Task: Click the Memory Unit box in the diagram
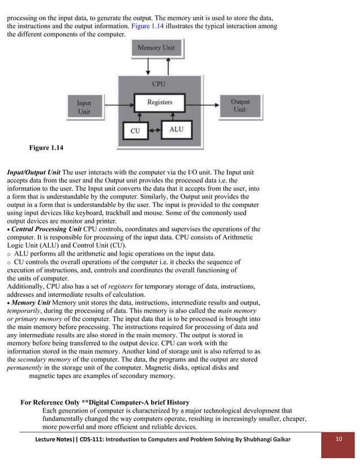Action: [156, 48]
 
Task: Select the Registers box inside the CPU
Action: [159, 103]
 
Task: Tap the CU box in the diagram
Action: [135, 130]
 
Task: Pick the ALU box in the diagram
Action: [177, 130]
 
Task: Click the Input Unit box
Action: [84, 107]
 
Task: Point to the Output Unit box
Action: [240, 105]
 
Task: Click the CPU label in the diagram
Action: [159, 84]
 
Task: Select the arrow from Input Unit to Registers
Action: [116, 104]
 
